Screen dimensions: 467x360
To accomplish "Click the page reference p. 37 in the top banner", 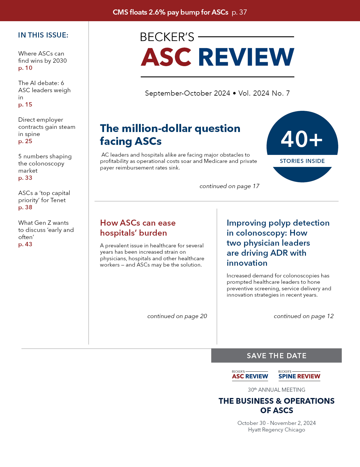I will pos(239,12).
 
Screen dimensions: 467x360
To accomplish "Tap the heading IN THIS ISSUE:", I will pos(43,35).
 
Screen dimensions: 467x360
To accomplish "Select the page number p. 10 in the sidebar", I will pos(25,68).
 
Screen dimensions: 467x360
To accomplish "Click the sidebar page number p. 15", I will pos(25,105).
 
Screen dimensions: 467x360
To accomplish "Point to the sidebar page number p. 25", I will pos(25,141).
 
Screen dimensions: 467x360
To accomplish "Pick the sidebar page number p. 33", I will pos(25,178).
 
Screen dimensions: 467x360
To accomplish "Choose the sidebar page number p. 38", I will pos(25,208).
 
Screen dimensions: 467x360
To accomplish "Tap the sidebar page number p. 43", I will pos(25,245).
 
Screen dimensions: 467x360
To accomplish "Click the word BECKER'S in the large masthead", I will pos(167,37).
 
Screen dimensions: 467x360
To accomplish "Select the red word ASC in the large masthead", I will pos(166,57).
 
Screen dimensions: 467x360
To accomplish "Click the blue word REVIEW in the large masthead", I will pos(246,57).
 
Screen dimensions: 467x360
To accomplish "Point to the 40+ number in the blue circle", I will pos(302,139).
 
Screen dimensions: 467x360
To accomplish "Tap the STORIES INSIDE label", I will pos(302,161).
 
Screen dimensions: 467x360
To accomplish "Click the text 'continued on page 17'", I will pos(229,186).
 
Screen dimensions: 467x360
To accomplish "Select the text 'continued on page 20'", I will pos(177,316).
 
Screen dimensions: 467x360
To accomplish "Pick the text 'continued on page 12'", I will pos(304,316).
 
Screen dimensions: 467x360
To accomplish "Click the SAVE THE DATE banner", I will pos(277,356).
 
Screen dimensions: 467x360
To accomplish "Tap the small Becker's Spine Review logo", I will pos(299,375).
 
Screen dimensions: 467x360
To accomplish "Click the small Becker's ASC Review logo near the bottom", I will pos(250,375).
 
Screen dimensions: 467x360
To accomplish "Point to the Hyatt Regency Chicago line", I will pos(277,430).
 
